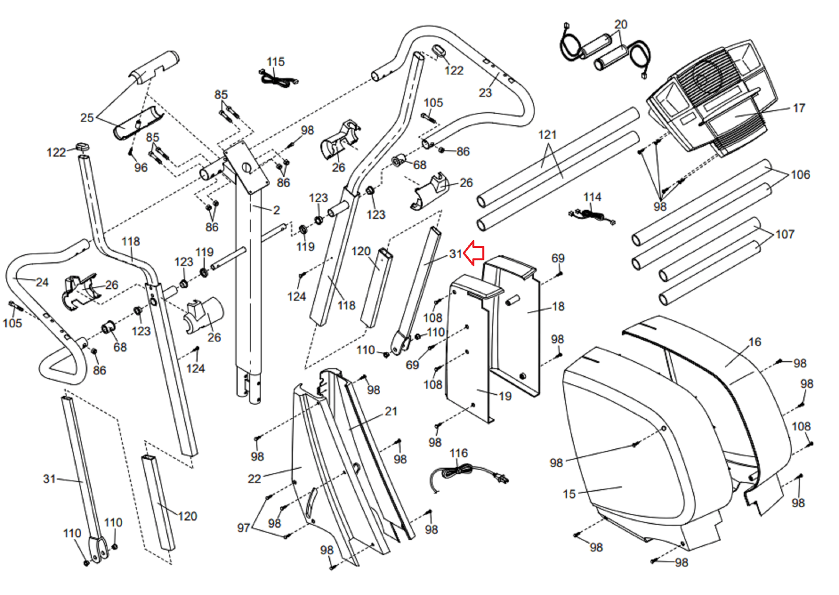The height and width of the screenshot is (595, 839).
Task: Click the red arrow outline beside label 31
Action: (x=474, y=253)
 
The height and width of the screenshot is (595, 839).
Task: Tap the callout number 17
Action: (x=799, y=108)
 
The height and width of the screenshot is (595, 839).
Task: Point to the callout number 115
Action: (x=275, y=62)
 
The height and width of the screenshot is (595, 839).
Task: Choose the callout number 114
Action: (x=592, y=197)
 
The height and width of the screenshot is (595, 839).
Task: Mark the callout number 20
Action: (x=620, y=25)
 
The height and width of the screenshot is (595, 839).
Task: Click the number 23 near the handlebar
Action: (x=485, y=93)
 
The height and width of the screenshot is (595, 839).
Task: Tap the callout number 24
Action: (x=42, y=283)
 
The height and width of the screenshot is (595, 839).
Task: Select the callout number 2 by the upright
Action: (x=276, y=210)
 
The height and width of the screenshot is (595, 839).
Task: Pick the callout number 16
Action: (x=755, y=342)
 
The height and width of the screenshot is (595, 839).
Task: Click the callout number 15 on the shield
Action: (x=569, y=494)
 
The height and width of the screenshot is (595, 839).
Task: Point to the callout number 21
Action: (x=391, y=412)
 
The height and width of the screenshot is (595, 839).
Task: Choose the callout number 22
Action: (x=254, y=479)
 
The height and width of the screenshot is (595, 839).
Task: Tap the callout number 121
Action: (x=547, y=135)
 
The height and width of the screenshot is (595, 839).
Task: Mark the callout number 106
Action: (x=800, y=175)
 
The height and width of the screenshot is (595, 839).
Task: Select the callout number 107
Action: (x=785, y=234)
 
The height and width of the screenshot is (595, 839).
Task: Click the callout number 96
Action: (x=141, y=168)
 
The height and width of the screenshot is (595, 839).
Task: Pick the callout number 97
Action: (x=243, y=528)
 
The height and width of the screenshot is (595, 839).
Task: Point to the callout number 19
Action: (x=505, y=396)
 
